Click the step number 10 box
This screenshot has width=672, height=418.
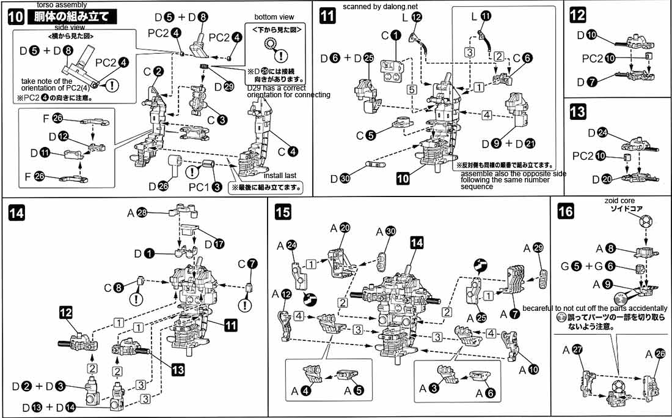click(16, 17)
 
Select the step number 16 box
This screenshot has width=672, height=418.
click(566, 212)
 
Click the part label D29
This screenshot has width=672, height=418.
click(224, 86)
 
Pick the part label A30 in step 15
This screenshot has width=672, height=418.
click(386, 231)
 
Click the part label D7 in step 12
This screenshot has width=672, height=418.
click(587, 81)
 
